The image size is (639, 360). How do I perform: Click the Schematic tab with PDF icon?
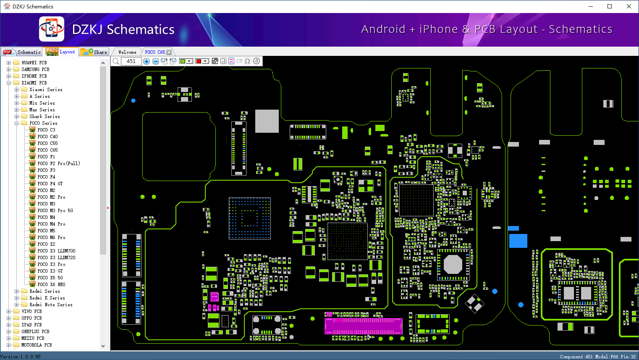[22, 52]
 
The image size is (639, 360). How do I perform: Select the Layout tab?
[60, 52]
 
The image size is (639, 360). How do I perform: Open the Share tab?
[94, 52]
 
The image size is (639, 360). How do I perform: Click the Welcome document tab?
[127, 52]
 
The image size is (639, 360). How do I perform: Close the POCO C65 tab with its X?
[169, 52]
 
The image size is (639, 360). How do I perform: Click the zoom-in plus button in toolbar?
[147, 61]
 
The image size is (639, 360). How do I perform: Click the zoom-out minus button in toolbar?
[155, 61]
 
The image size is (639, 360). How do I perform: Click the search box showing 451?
[131, 61]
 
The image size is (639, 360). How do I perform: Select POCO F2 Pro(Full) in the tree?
[59, 163]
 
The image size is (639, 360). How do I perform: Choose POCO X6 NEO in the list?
[51, 284]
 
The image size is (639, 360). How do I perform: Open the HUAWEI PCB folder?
[34, 63]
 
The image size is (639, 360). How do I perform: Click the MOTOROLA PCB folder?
[37, 345]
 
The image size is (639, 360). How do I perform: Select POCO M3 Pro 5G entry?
[55, 210]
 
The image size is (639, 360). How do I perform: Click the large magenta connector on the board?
[364, 326]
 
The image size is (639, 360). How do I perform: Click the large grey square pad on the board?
[267, 121]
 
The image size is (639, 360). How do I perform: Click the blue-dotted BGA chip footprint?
[250, 218]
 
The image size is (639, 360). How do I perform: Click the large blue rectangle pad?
[518, 241]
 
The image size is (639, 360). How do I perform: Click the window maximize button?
[610, 6]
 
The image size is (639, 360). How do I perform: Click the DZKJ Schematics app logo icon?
[52, 29]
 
